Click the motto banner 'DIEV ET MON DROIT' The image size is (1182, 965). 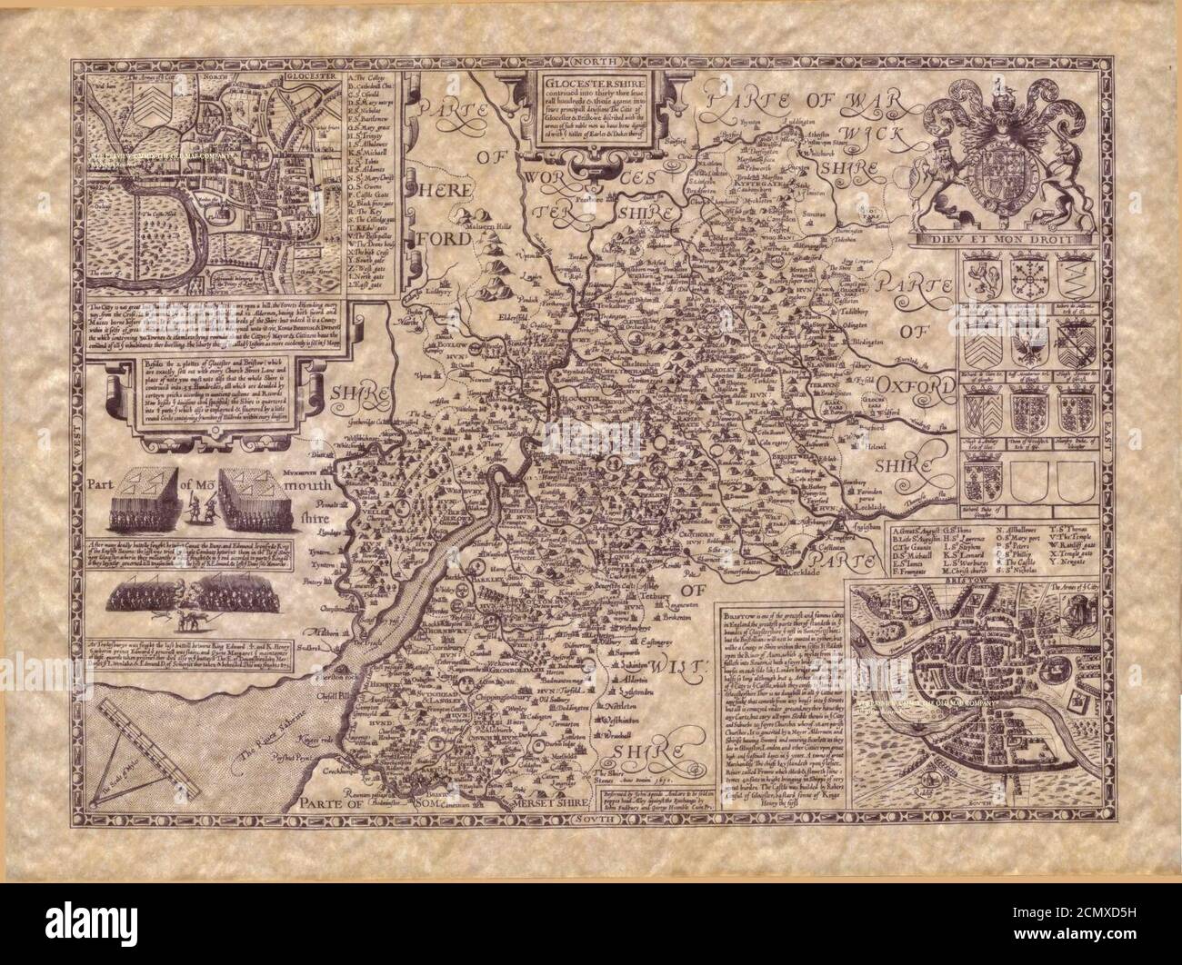pyautogui.click(x=1020, y=240)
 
